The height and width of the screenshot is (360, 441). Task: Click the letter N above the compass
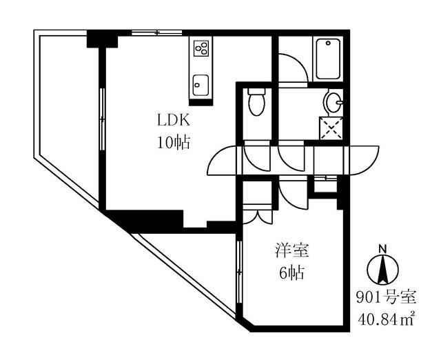(383, 249)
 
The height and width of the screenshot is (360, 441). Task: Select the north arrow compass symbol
(383, 270)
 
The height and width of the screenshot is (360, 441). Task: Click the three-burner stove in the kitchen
(201, 48)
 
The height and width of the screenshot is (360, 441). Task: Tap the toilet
(256, 101)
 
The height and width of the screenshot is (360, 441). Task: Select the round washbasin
(333, 103)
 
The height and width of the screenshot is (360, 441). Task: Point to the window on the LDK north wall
(156, 32)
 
